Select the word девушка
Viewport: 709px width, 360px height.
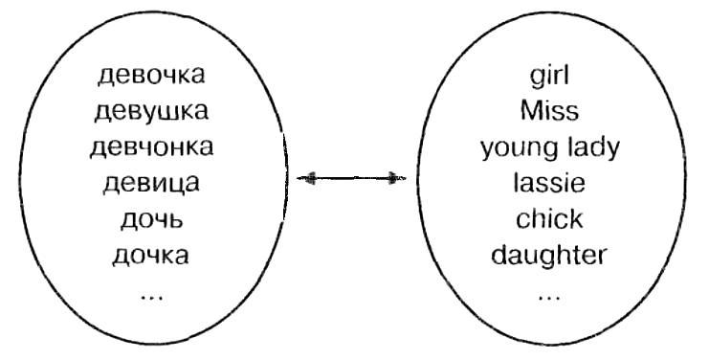click(152, 111)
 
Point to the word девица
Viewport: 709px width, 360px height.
click(152, 182)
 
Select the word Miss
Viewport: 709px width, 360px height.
click(549, 111)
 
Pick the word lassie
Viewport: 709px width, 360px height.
click(549, 182)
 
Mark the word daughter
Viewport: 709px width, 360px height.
click(549, 256)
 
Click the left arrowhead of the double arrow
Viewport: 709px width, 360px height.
click(306, 178)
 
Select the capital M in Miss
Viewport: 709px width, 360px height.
click(530, 111)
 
